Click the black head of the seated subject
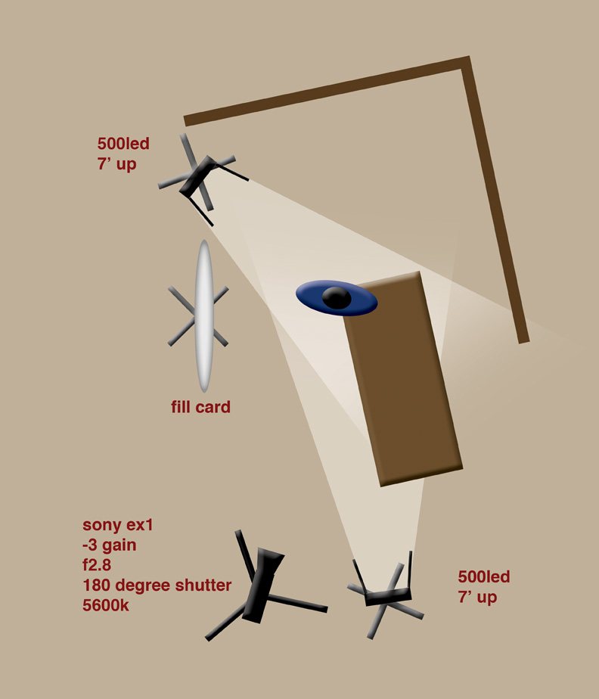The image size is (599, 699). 337,298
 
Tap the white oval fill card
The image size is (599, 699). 204,316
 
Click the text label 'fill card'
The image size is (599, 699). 200,407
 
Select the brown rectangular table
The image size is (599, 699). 403,379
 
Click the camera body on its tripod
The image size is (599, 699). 263,584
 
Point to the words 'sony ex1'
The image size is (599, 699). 118,525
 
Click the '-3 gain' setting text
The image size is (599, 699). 109,545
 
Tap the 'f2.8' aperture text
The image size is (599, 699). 97,565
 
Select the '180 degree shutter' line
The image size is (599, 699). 157,585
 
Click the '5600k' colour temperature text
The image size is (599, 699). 106,605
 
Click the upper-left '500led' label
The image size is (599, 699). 123,144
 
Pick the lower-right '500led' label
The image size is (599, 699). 484,576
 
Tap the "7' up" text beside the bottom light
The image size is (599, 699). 477,597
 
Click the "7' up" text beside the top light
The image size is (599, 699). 116,164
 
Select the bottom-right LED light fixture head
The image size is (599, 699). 388,596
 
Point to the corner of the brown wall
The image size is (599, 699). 465,61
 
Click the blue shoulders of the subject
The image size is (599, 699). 337,298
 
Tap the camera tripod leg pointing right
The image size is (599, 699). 298,604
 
